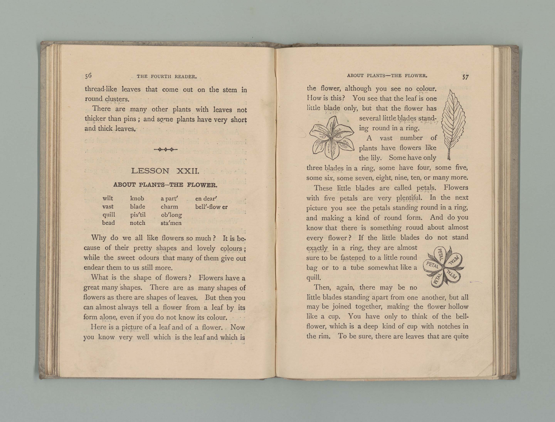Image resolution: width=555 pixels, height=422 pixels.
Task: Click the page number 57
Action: [x=465, y=77]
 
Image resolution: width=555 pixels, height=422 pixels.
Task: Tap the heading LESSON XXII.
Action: [x=165, y=171]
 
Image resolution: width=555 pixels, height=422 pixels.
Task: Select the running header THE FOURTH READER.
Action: [x=166, y=76]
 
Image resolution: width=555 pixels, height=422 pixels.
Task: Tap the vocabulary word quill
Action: [x=109, y=215]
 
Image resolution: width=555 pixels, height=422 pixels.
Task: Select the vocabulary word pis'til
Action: [x=138, y=215]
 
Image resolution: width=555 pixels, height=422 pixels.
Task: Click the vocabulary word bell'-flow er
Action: [x=211, y=207]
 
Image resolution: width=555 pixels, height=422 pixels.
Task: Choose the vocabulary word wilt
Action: [x=108, y=198]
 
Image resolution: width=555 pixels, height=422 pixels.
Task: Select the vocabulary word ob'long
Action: [x=171, y=215]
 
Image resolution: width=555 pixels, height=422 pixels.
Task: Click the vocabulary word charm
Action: [x=169, y=207]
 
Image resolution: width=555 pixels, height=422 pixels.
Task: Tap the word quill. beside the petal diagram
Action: [x=313, y=278]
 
